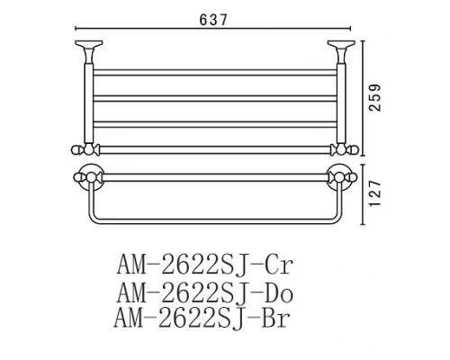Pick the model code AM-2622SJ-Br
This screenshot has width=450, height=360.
(206, 318)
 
